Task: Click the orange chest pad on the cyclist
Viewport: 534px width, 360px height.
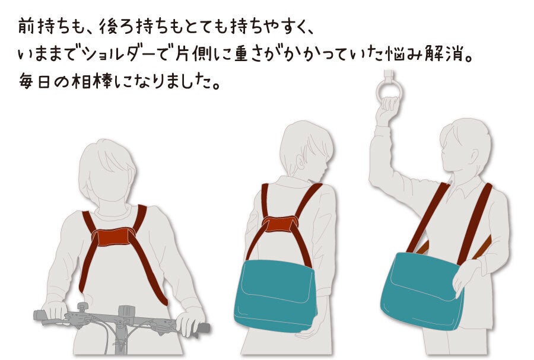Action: pyautogui.click(x=113, y=237)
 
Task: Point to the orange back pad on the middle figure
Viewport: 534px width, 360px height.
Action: pyautogui.click(x=279, y=224)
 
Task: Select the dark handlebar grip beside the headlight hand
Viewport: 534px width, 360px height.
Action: pyautogui.click(x=203, y=328)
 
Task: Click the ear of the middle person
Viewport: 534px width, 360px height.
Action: pyautogui.click(x=300, y=163)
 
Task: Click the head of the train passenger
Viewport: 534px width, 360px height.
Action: pyautogui.click(x=466, y=150)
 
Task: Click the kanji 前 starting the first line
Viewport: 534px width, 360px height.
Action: pyautogui.click(x=26, y=27)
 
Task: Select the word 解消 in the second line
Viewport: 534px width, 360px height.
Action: pyautogui.click(x=444, y=55)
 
